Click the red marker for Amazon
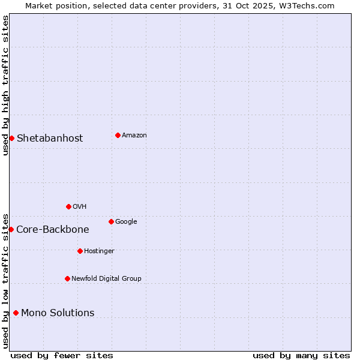(x=118, y=135)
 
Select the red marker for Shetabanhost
(x=11, y=138)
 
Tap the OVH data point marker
(x=68, y=206)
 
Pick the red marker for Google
(x=111, y=221)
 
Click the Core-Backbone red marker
(x=11, y=229)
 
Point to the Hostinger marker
(x=80, y=251)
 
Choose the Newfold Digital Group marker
(x=67, y=278)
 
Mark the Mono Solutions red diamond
(x=16, y=313)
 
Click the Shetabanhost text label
(x=50, y=139)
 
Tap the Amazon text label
(x=134, y=136)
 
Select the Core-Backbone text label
(x=53, y=229)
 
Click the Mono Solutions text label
(x=58, y=313)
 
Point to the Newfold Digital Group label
(x=106, y=278)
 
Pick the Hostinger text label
(x=99, y=251)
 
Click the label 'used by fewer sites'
(x=62, y=355)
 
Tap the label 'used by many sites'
(x=301, y=355)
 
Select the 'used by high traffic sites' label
(x=5, y=85)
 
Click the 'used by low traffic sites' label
(x=5, y=280)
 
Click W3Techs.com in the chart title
(x=310, y=5)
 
